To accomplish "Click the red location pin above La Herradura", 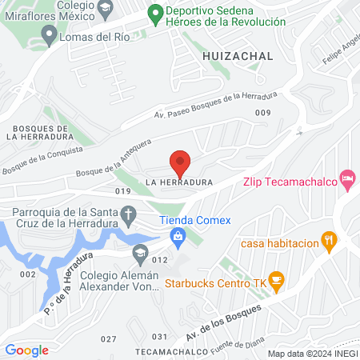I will click(x=180, y=163).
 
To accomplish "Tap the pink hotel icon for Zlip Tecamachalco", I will click(x=347, y=177).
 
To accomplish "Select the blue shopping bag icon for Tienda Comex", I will click(x=178, y=235).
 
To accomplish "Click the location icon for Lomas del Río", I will click(x=49, y=34).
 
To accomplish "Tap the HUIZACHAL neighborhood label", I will click(x=238, y=56).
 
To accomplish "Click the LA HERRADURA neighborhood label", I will click(x=178, y=182).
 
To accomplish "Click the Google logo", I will click(x=27, y=350).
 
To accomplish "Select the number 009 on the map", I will click(x=262, y=114).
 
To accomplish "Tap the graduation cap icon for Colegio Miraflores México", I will click(x=105, y=7).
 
